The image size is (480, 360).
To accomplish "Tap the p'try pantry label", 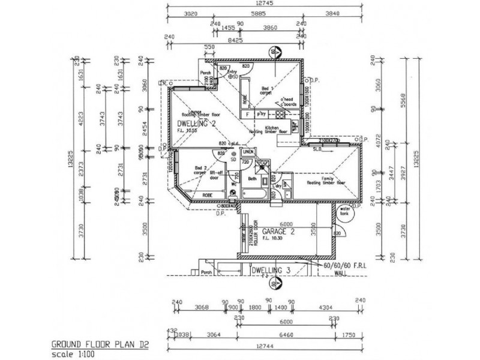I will (261, 113).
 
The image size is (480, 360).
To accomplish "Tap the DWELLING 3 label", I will (271, 271).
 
